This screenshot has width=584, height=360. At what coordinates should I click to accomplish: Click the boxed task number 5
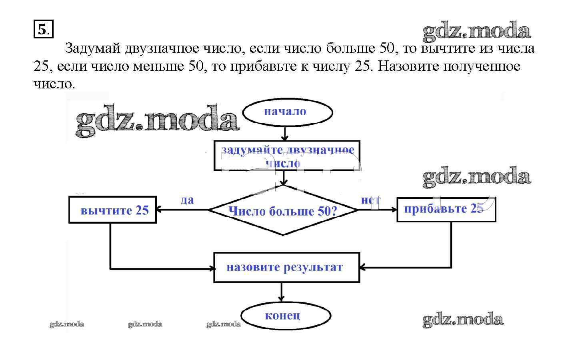pyautogui.click(x=43, y=30)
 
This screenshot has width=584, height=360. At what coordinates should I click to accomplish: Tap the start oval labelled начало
pyautogui.click(x=287, y=112)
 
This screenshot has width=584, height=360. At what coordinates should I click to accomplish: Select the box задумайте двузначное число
pyautogui.click(x=287, y=156)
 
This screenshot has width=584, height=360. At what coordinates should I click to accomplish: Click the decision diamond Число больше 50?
pyautogui.click(x=283, y=210)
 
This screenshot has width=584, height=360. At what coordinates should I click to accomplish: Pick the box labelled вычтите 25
pyautogui.click(x=112, y=210)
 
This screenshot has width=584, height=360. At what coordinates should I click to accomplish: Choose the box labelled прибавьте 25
pyautogui.click(x=446, y=209)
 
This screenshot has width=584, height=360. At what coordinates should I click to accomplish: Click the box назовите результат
pyautogui.click(x=286, y=267)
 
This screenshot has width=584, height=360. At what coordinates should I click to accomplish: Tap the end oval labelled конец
pyautogui.click(x=285, y=316)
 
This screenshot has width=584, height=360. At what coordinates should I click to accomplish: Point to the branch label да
pyautogui.click(x=187, y=200)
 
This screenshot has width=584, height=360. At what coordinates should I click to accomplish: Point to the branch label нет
pyautogui.click(x=370, y=200)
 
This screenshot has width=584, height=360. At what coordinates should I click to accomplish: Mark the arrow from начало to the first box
pyautogui.click(x=284, y=133)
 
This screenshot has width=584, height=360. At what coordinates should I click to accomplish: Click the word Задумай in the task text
pyautogui.click(x=92, y=48)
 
